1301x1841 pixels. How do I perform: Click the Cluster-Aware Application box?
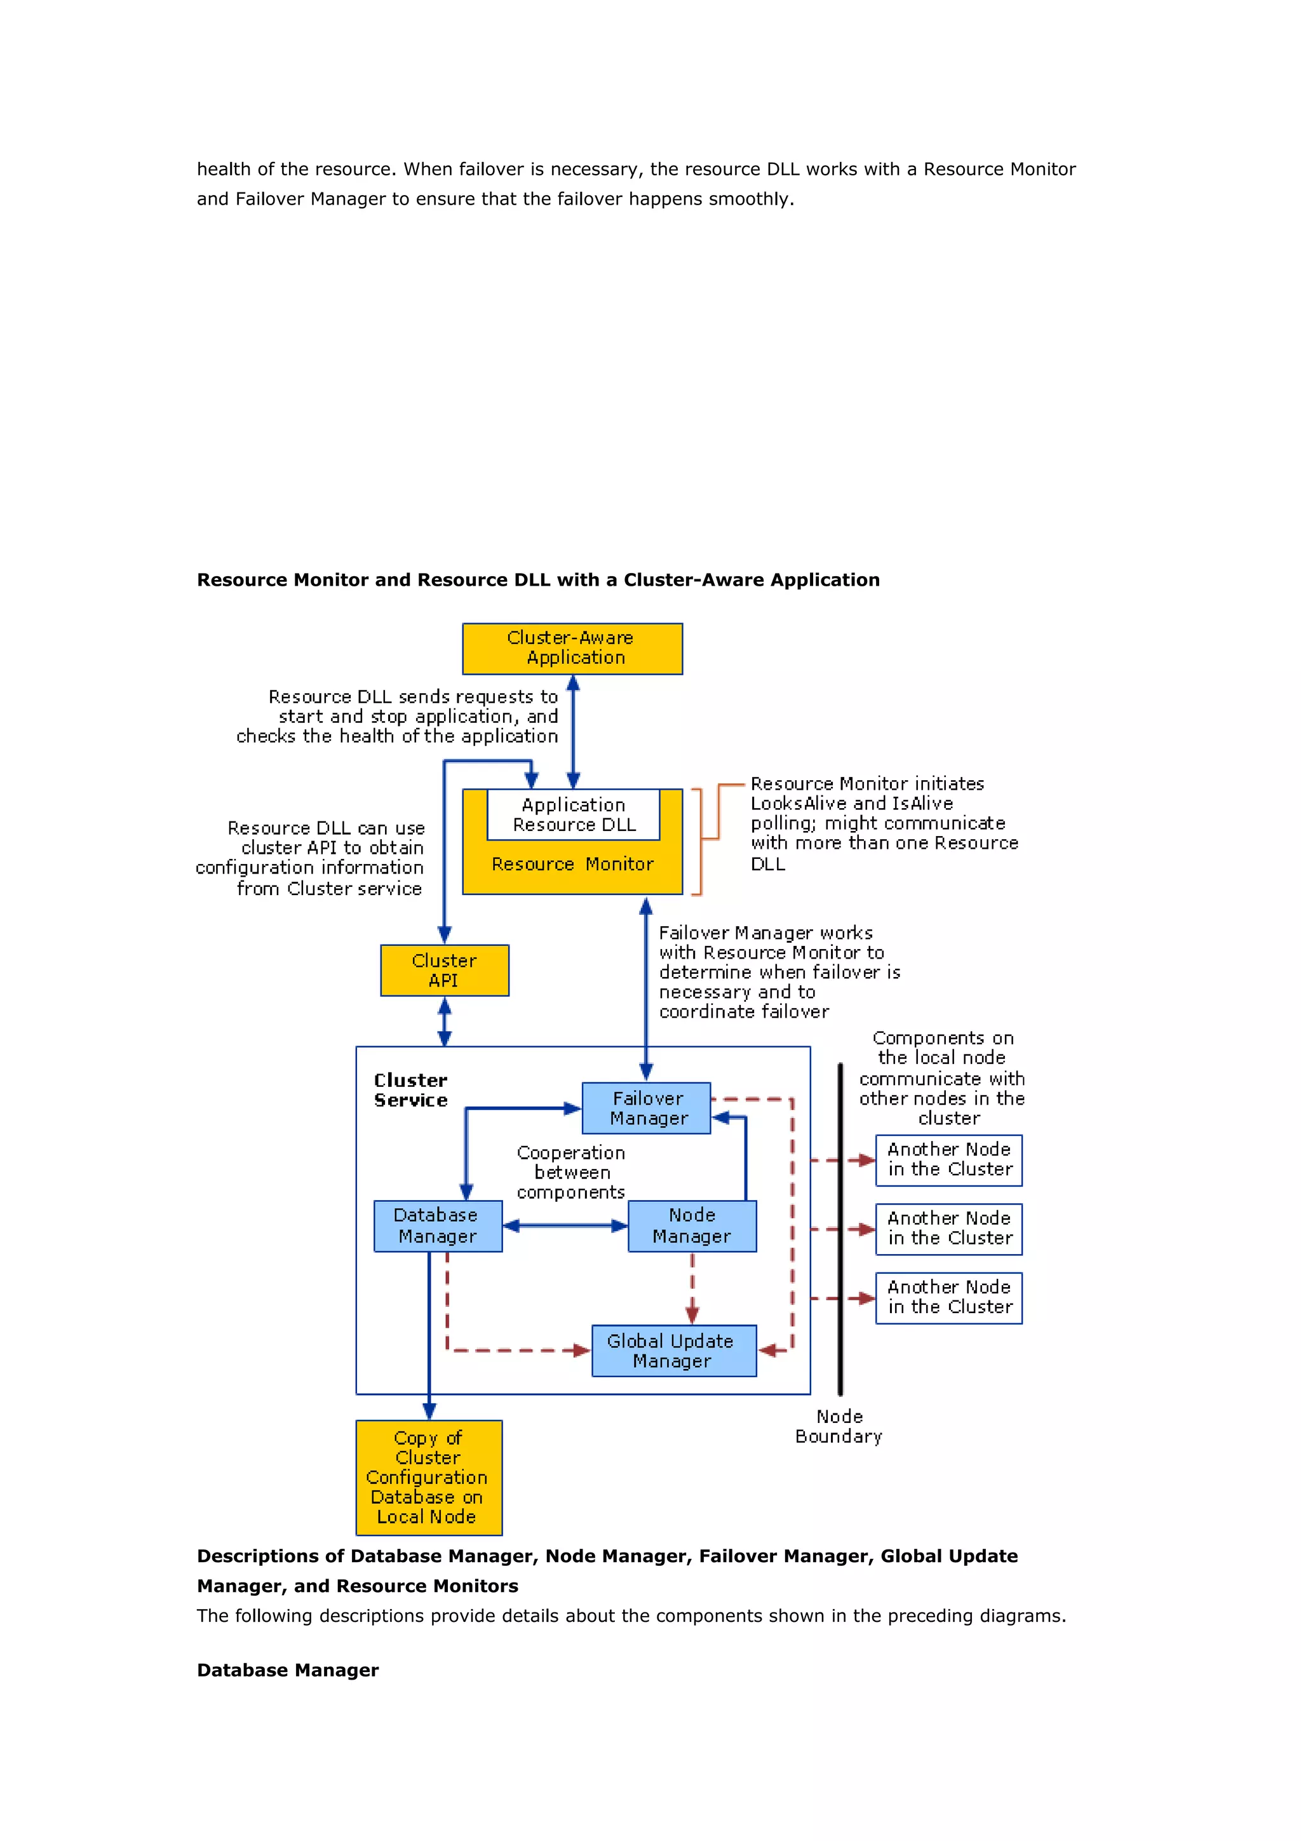point(572,648)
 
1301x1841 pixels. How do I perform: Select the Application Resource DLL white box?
point(573,814)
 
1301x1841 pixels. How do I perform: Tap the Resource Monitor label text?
point(572,865)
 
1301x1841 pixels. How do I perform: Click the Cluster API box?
point(444,970)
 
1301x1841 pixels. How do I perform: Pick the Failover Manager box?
point(646,1108)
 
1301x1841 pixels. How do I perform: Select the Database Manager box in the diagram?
point(438,1225)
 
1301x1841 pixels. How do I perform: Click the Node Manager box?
point(692,1225)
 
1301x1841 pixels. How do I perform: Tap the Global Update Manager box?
point(673,1351)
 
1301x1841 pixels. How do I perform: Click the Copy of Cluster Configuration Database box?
point(429,1477)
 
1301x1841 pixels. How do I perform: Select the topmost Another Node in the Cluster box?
point(948,1159)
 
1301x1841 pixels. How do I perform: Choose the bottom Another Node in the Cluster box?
point(948,1297)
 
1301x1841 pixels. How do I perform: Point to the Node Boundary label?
point(839,1426)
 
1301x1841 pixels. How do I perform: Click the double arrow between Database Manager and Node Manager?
point(565,1225)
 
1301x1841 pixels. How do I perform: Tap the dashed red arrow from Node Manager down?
point(692,1288)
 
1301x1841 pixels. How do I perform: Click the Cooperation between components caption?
point(570,1172)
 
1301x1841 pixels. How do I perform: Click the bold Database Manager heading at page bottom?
point(288,1670)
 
